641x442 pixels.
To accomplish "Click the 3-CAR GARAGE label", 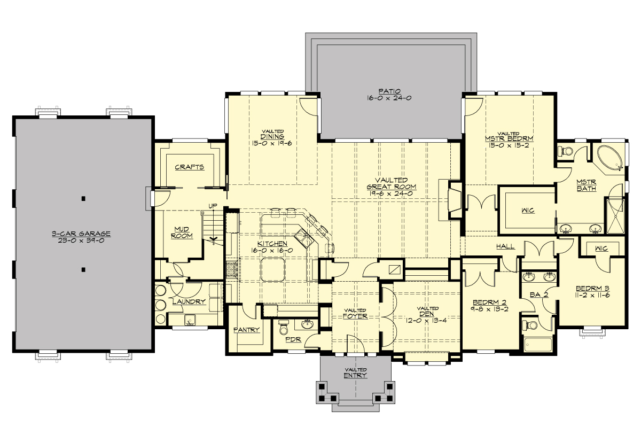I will coord(81,233).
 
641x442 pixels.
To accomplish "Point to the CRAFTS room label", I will coord(190,167).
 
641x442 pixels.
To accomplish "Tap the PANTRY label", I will coord(246,330).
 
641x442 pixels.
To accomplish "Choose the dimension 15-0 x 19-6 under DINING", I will coord(272,143).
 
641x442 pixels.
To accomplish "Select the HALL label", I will coord(505,246).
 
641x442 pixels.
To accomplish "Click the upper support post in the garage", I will coord(83,199).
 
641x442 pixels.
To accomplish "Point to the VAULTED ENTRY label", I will coord(355,373).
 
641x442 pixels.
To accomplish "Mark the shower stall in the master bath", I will coord(614,216).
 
